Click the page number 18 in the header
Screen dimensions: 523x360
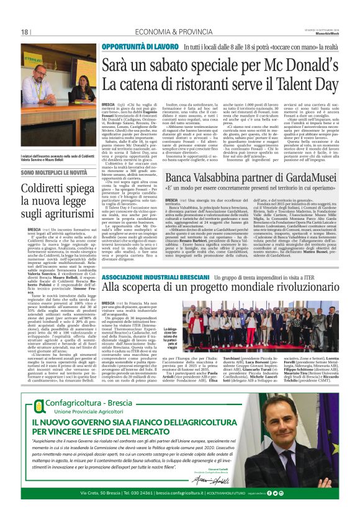25,32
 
